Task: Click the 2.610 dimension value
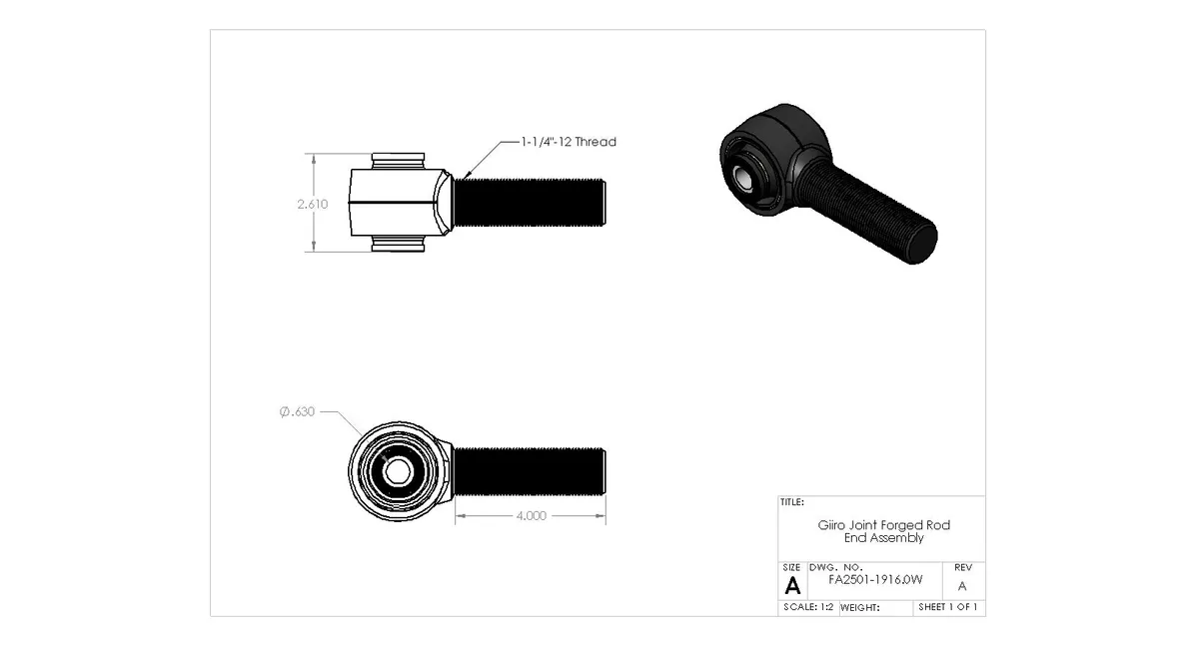tap(312, 204)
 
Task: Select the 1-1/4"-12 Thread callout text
tap(569, 142)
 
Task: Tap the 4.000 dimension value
tap(531, 516)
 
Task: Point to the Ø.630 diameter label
tap(298, 411)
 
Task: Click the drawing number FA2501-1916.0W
tap(875, 579)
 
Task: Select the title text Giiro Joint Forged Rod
tap(884, 525)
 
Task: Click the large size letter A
tap(793, 585)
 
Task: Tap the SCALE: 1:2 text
tap(807, 607)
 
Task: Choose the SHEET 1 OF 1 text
tap(948, 607)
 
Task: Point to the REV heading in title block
tap(962, 566)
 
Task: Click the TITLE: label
tap(792, 502)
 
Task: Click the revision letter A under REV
tap(962, 586)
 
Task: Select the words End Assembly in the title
tap(884, 538)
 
